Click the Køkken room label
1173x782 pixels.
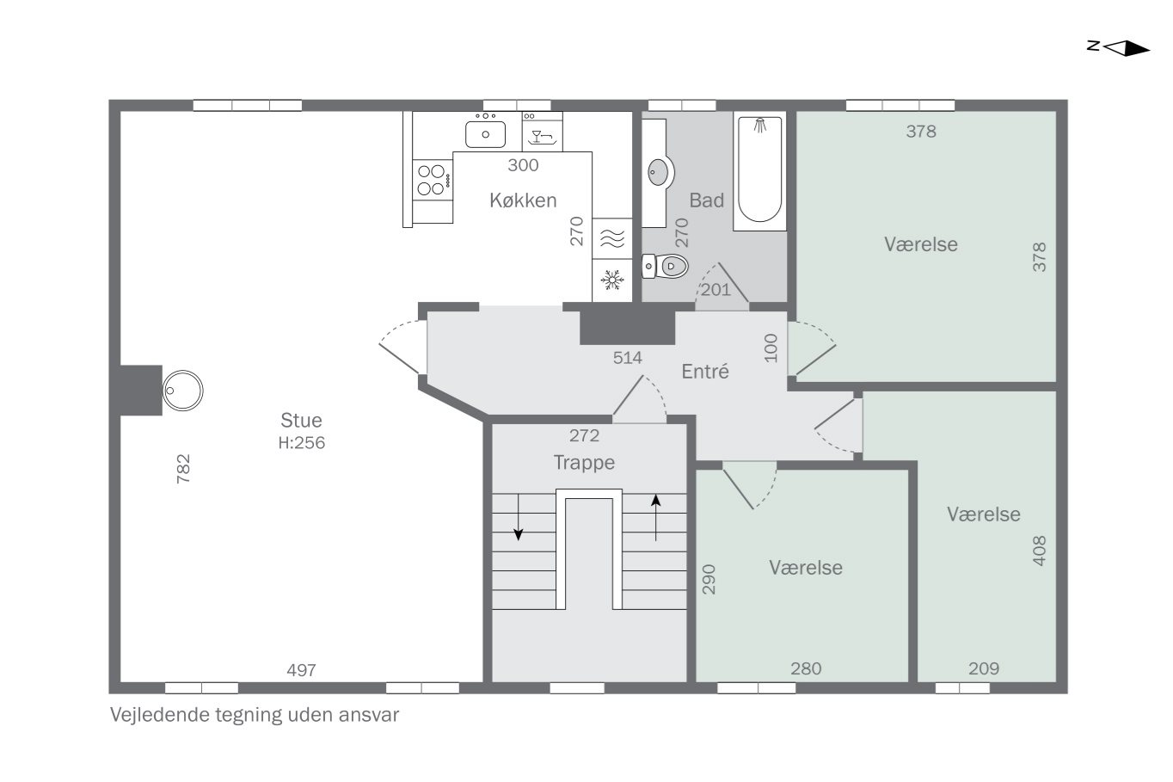pyautogui.click(x=523, y=200)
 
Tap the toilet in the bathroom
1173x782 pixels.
pyautogui.click(x=665, y=266)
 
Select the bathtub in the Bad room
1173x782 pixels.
pyautogui.click(x=759, y=170)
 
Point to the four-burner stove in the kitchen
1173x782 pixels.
pyautogui.click(x=433, y=180)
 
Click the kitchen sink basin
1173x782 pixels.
pyautogui.click(x=485, y=134)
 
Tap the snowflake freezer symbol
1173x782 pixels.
pyautogui.click(x=612, y=280)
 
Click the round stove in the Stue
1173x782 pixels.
pyautogui.click(x=183, y=391)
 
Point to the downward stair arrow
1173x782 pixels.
pyautogui.click(x=518, y=517)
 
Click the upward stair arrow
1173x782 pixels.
pyautogui.click(x=655, y=518)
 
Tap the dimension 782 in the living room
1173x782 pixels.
pyautogui.click(x=183, y=468)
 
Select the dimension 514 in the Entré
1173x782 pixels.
pyautogui.click(x=627, y=358)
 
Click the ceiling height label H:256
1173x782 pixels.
pyautogui.click(x=302, y=443)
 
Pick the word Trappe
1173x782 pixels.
pyautogui.click(x=584, y=463)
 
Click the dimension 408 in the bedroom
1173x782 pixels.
pyautogui.click(x=1040, y=551)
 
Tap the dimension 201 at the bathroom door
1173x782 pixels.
pyautogui.click(x=715, y=290)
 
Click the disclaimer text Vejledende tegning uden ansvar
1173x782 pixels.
pyautogui.click(x=255, y=715)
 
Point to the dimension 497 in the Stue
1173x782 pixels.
pyautogui.click(x=301, y=670)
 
